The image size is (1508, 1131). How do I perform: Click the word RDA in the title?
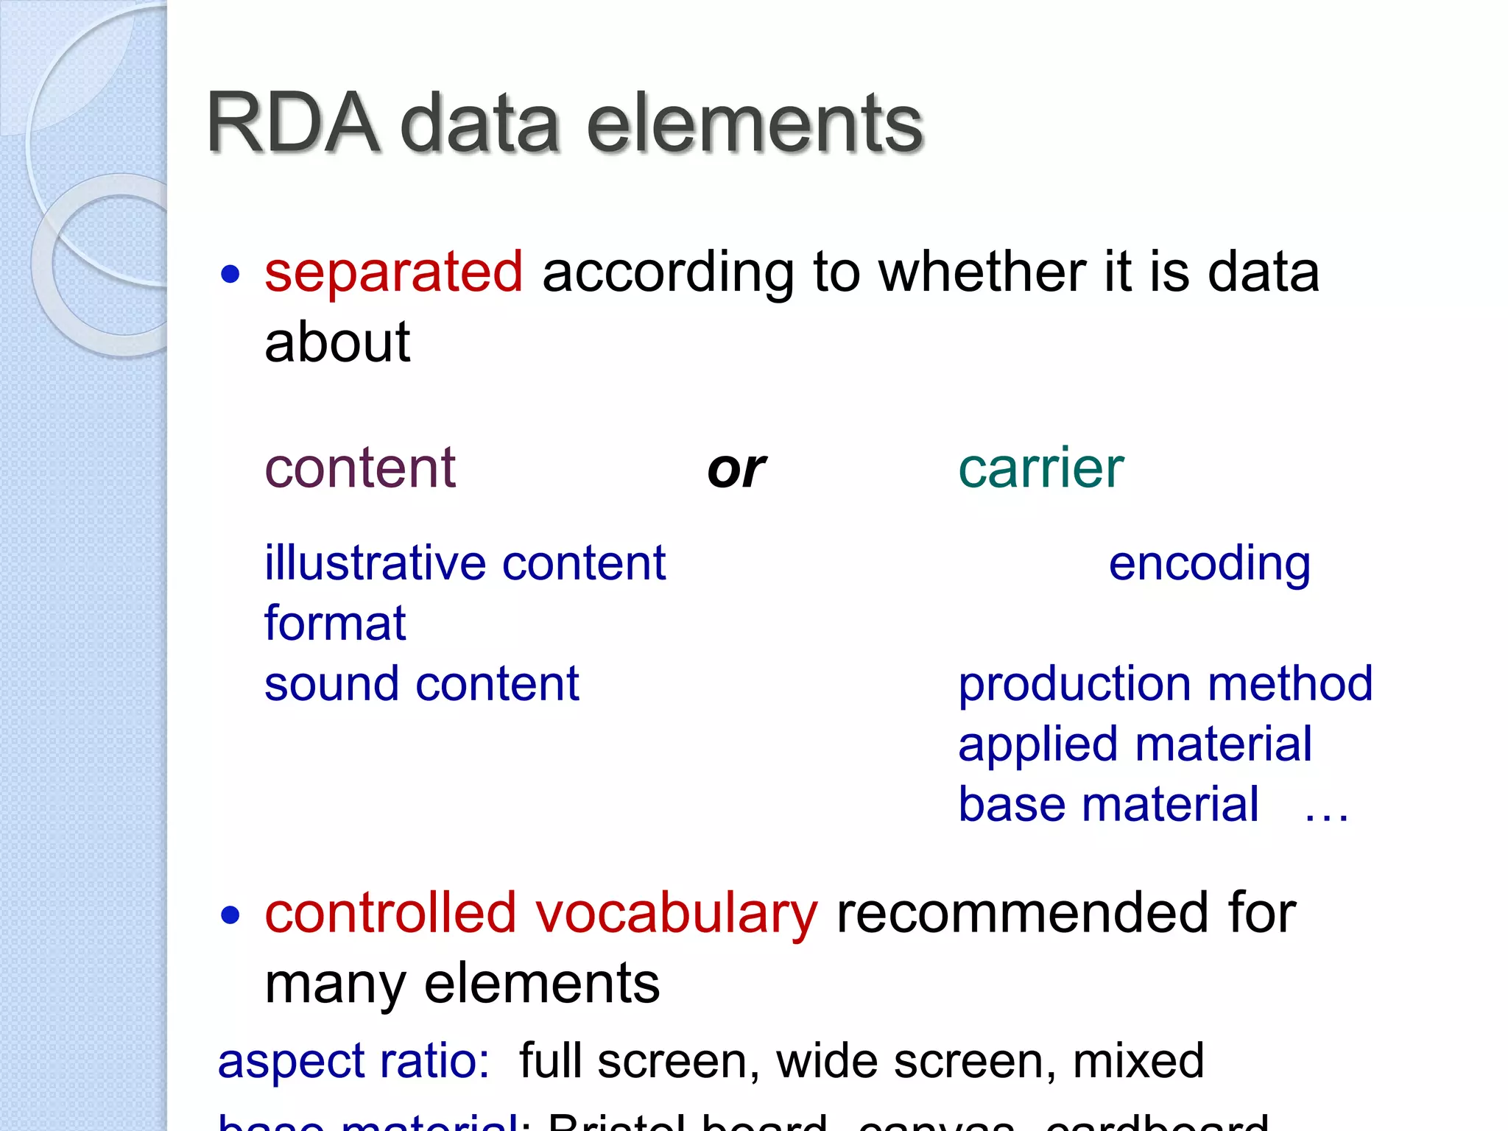(293, 123)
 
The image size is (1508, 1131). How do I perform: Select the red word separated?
(394, 272)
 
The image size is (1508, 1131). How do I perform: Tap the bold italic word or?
(736, 469)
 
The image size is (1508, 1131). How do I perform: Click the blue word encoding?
(1209, 564)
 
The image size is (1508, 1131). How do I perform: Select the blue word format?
(335, 624)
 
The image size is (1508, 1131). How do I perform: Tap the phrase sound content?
(422, 684)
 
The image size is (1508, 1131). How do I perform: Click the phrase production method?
(1165, 684)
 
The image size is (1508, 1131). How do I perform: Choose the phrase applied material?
(1135, 744)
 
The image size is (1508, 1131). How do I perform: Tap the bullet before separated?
(230, 275)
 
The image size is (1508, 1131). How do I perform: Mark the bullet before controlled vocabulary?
(230, 915)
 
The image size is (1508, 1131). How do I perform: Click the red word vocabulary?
(676, 914)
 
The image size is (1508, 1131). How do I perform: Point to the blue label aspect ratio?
(354, 1062)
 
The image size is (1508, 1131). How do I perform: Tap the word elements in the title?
(754, 123)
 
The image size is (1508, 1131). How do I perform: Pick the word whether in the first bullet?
(984, 272)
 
